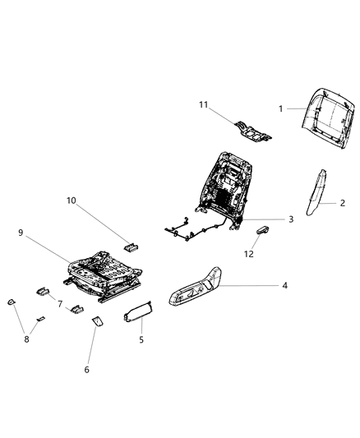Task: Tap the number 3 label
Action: pyautogui.click(x=290, y=219)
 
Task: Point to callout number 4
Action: pyautogui.click(x=284, y=286)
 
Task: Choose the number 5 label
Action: pyautogui.click(x=141, y=339)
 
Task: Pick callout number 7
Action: pyautogui.click(x=59, y=303)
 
